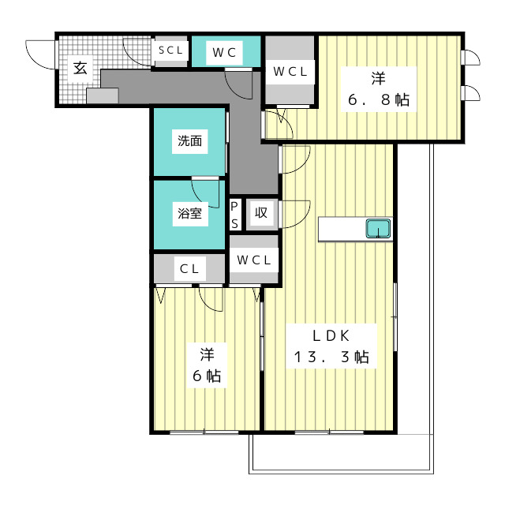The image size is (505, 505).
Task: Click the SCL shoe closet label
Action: point(170,50)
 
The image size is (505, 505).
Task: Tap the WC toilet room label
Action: point(224,53)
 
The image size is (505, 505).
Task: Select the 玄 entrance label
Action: point(80,68)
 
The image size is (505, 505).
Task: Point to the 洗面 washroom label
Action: point(189,141)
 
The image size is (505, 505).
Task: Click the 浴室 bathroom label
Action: point(189,213)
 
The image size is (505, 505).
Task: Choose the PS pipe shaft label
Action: point(234,215)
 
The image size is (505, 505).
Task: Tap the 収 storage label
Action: point(261,212)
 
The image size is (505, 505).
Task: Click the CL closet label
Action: point(189,268)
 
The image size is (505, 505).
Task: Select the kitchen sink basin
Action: point(378,228)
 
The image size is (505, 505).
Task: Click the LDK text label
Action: point(331,336)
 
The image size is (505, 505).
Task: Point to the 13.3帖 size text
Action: point(331,357)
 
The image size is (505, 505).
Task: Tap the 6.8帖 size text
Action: point(379,100)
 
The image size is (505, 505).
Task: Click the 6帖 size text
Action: point(207,376)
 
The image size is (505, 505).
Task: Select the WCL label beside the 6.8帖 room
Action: point(290,72)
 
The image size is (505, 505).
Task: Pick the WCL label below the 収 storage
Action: point(253,260)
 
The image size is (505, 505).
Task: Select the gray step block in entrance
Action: point(103,95)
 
